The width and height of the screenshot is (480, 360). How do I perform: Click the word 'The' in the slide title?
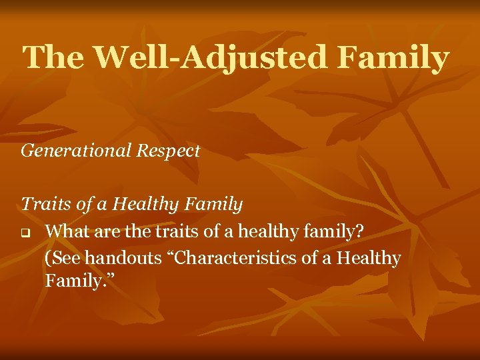[53, 58]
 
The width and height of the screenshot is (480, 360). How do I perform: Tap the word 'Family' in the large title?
[393, 58]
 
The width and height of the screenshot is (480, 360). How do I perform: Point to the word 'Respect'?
[169, 151]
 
